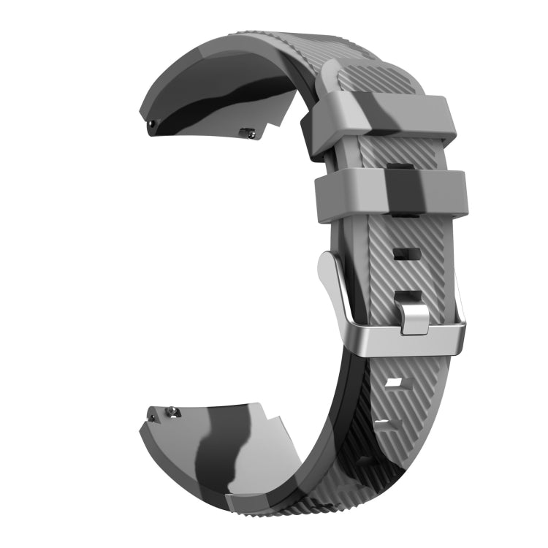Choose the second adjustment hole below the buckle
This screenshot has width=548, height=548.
(x=384, y=422)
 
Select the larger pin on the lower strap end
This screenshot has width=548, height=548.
(x=174, y=410)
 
